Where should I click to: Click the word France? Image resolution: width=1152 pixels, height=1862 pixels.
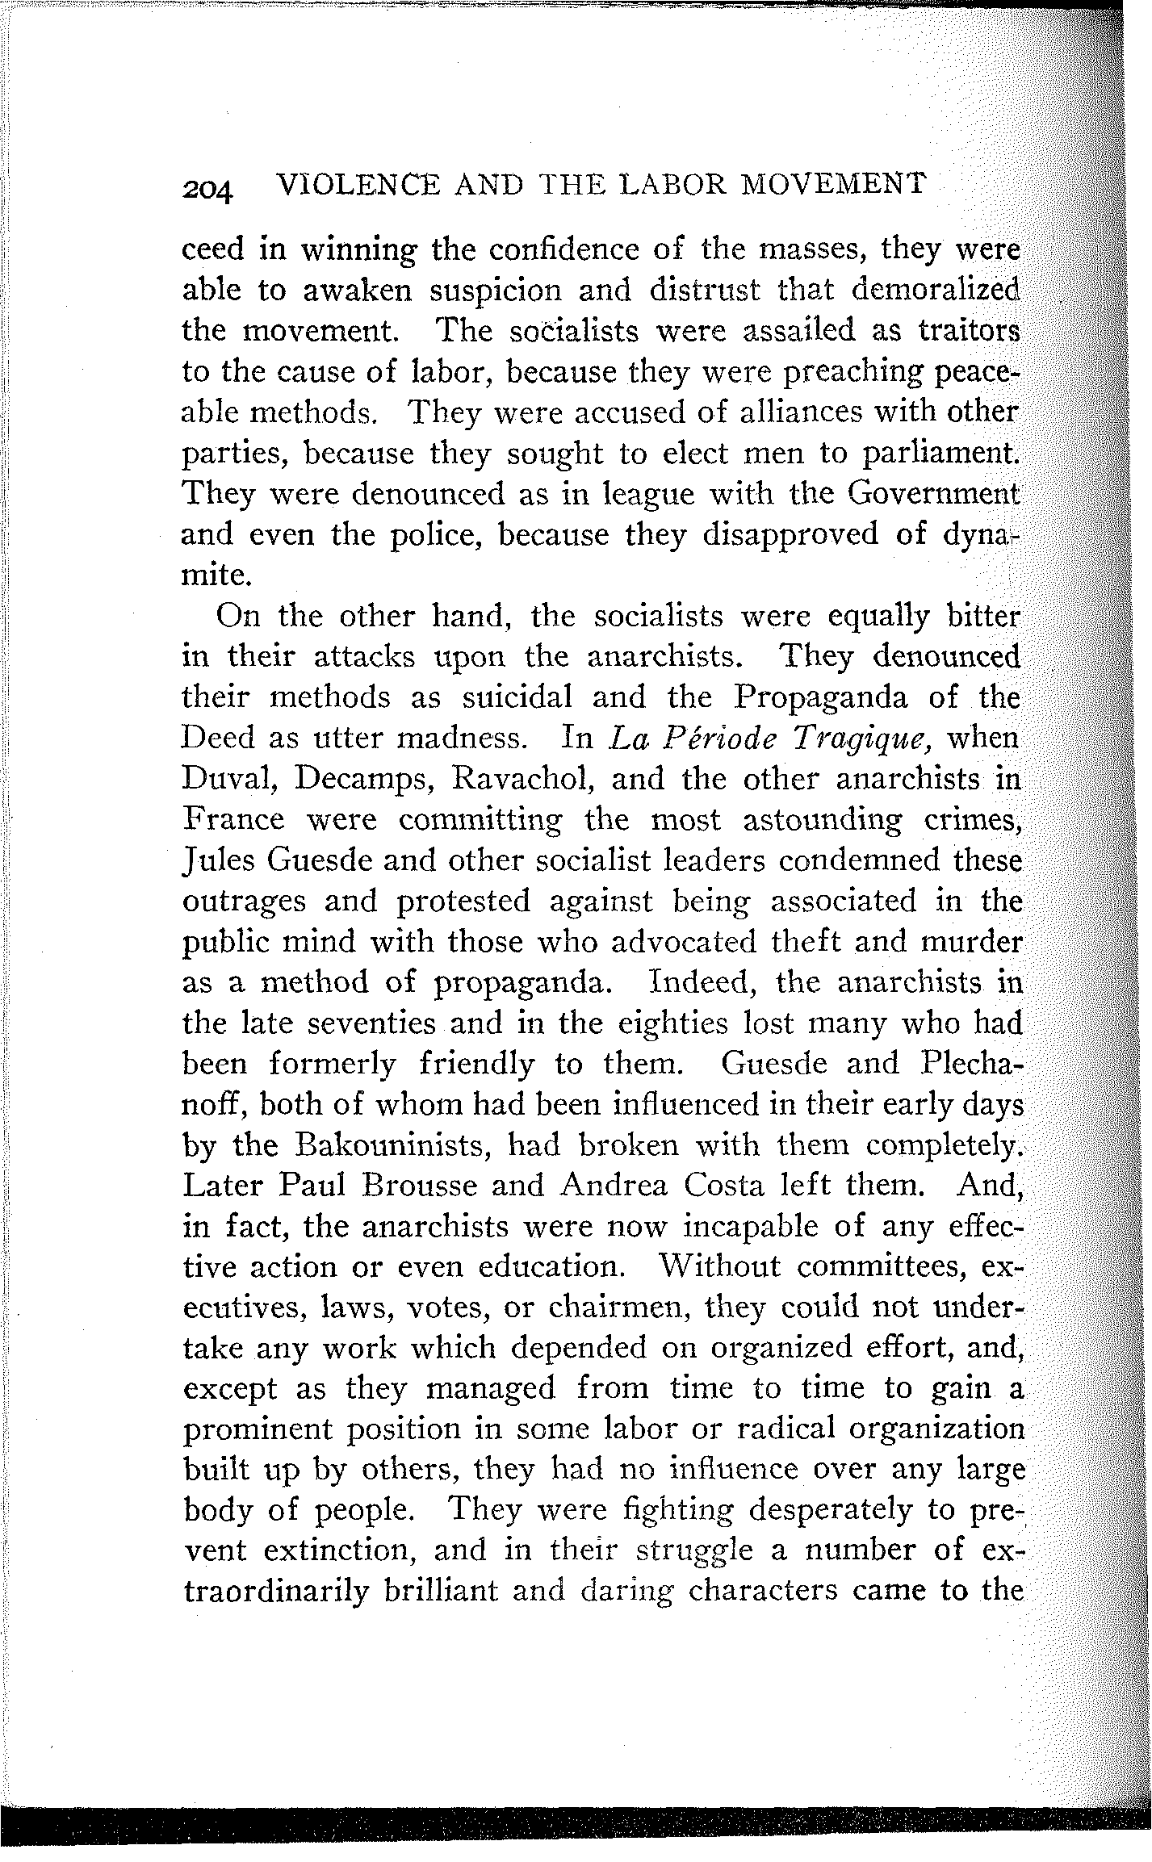click(234, 819)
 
